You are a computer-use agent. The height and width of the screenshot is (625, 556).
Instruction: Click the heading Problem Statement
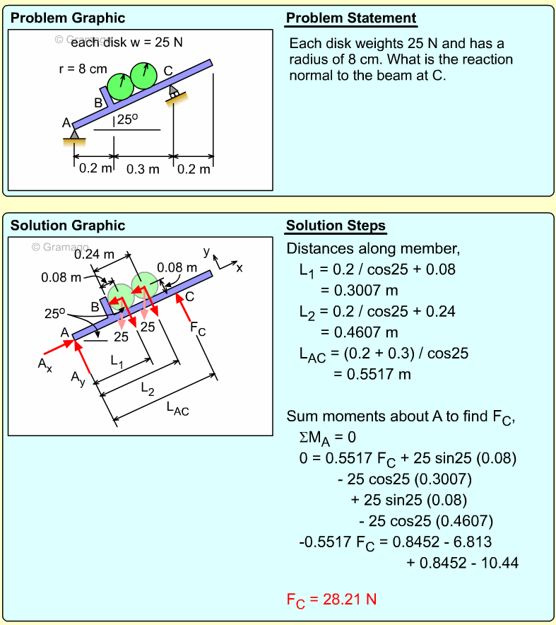pyautogui.click(x=350, y=18)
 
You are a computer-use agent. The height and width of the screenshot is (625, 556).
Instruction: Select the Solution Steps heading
pyautogui.click(x=336, y=226)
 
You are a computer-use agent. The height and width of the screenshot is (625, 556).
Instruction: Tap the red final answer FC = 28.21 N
pyautogui.click(x=331, y=600)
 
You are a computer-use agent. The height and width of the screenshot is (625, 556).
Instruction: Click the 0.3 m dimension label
pyautogui.click(x=143, y=169)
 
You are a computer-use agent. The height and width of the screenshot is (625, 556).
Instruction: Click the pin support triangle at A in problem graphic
pyautogui.click(x=74, y=134)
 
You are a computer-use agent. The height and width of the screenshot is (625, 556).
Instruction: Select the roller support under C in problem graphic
pyautogui.click(x=174, y=94)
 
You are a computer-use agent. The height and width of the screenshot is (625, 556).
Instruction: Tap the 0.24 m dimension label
pyautogui.click(x=94, y=254)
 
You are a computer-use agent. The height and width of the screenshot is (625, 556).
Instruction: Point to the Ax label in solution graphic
pyautogui.click(x=45, y=364)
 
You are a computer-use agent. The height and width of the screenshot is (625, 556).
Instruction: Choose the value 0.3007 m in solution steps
pyautogui.click(x=359, y=290)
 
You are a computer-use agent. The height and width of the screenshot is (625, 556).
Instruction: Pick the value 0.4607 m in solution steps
pyautogui.click(x=359, y=332)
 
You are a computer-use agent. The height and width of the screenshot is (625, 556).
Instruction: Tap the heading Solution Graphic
pyautogui.click(x=68, y=226)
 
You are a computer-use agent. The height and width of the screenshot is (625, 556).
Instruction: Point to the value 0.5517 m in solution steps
pyautogui.click(x=372, y=375)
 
